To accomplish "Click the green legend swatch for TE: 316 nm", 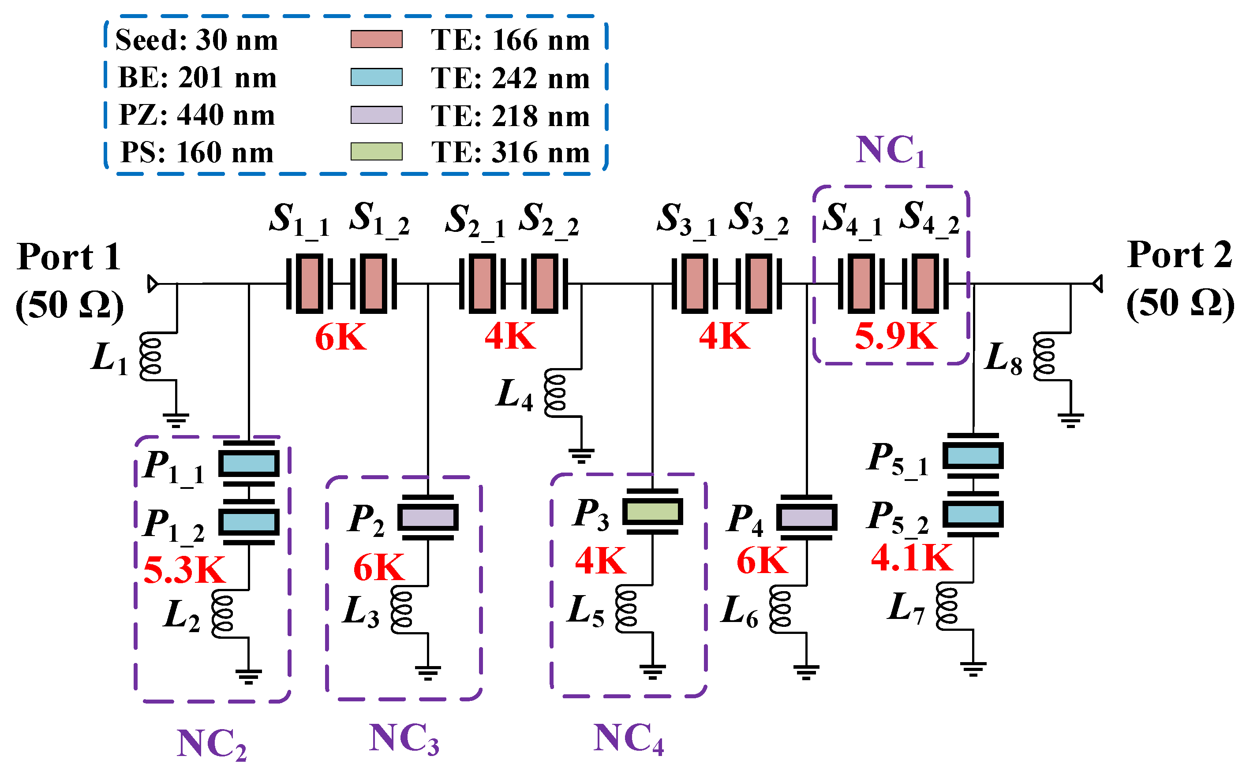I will pyautogui.click(x=376, y=152).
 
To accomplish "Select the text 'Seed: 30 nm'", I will pyautogui.click(x=196, y=40).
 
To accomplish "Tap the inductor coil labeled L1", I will pyautogui.click(x=151, y=357).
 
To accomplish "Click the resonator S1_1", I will pyautogui.click(x=309, y=283).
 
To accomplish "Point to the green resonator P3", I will pyautogui.click(x=652, y=511).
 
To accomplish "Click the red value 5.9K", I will pyautogui.click(x=896, y=336).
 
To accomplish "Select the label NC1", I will pyautogui.click(x=890, y=150).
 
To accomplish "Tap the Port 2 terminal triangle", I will pyautogui.click(x=1097, y=283).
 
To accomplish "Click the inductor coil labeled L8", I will pyautogui.click(x=1044, y=357).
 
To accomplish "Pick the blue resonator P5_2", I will pyautogui.click(x=973, y=514).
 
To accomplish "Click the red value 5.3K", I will pyautogui.click(x=184, y=570).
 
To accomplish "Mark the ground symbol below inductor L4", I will pyautogui.click(x=581, y=455).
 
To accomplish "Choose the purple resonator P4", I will pyautogui.click(x=806, y=518).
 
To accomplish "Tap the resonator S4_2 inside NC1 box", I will pyautogui.click(x=924, y=283).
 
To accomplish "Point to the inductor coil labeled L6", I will pyautogui.click(x=780, y=609).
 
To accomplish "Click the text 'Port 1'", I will pyautogui.click(x=69, y=257).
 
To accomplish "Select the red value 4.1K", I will pyautogui.click(x=911, y=558).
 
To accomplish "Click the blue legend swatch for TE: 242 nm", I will pyautogui.click(x=376, y=77).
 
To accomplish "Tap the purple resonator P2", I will pyautogui.click(x=427, y=518).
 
